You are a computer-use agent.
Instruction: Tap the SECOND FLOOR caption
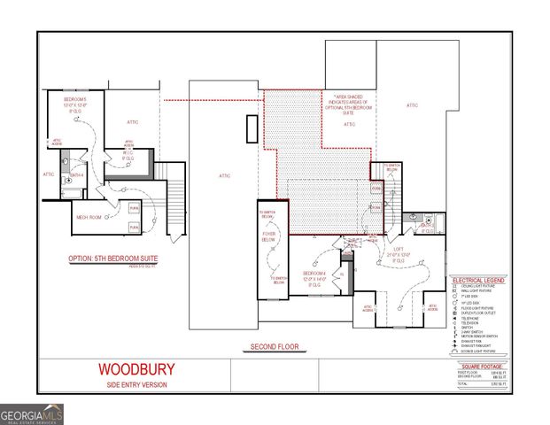click(272, 346)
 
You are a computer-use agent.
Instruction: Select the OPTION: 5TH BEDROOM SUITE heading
click(112, 259)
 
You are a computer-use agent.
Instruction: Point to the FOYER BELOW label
click(269, 236)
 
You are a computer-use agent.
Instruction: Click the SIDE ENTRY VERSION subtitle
click(136, 384)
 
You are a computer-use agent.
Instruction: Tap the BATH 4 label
click(77, 174)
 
